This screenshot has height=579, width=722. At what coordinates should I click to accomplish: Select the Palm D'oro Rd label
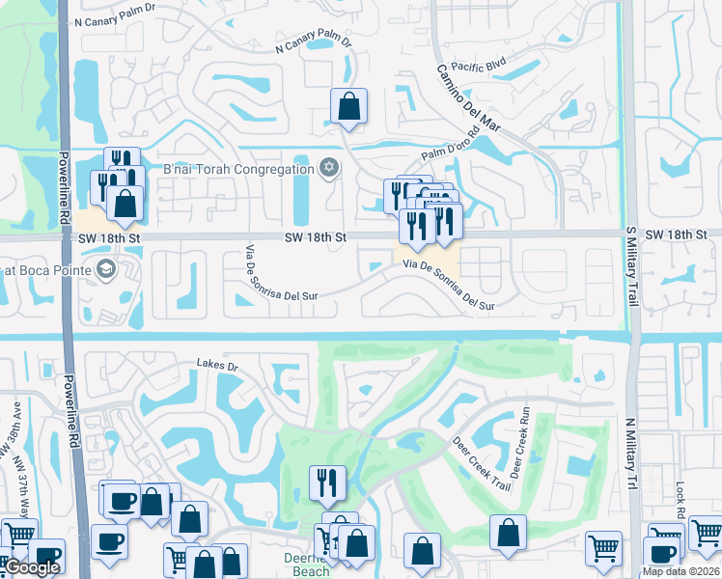click(x=451, y=145)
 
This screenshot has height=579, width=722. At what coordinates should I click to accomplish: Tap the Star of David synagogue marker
click(x=328, y=169)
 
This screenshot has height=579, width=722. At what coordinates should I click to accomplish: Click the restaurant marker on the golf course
click(x=327, y=482)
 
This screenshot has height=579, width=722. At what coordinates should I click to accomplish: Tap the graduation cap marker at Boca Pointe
click(x=106, y=268)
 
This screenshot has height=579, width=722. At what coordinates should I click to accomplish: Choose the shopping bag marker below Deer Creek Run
click(x=508, y=533)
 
